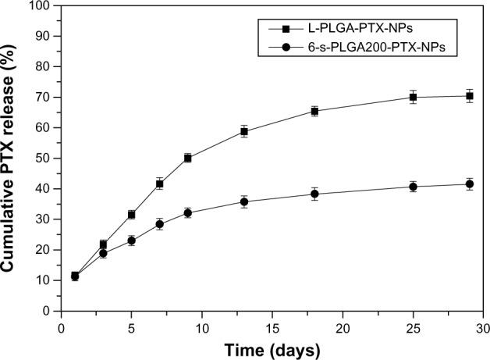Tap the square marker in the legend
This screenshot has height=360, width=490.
[x=286, y=29]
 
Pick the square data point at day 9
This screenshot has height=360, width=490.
[x=187, y=158]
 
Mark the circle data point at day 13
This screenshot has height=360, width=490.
[x=244, y=201]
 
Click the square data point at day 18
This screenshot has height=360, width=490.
[x=314, y=111]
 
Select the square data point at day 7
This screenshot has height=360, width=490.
[x=159, y=184]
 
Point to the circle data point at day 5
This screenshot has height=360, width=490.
[x=131, y=241]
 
